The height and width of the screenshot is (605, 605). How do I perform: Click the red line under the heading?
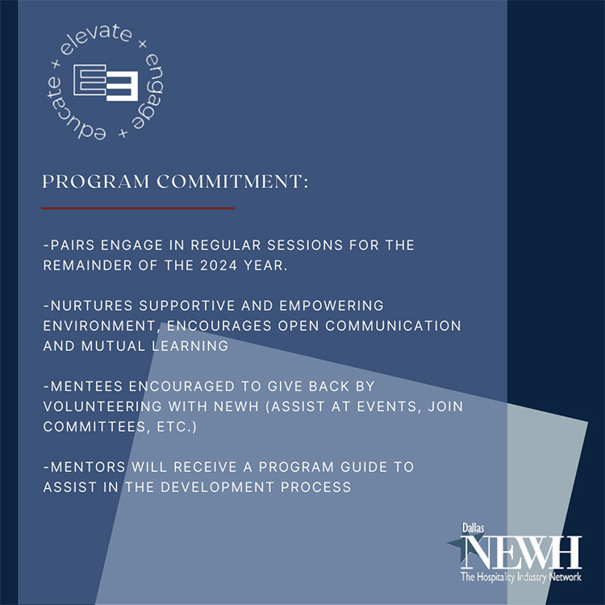[138, 208]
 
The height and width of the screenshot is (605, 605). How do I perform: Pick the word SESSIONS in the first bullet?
[302, 244]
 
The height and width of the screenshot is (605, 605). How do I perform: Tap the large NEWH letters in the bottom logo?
[520, 552]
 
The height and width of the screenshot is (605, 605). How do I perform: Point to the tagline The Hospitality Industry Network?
[520, 577]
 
